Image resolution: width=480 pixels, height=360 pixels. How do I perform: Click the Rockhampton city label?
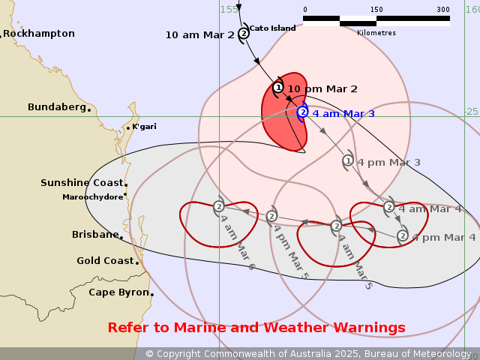click(39, 34)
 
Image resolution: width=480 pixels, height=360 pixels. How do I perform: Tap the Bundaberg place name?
click(57, 107)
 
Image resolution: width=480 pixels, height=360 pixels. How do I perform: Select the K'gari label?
click(144, 126)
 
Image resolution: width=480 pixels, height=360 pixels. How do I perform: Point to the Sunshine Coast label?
click(82, 183)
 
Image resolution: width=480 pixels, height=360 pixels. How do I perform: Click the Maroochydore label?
click(93, 197)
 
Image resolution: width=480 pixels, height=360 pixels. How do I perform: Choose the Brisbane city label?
click(95, 235)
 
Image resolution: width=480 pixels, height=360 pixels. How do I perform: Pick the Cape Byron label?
click(118, 292)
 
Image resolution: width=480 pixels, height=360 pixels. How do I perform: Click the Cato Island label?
click(272, 28)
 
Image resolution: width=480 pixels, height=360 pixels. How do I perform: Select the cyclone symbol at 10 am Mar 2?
click(244, 33)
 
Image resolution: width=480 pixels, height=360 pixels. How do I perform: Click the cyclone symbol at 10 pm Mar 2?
click(278, 88)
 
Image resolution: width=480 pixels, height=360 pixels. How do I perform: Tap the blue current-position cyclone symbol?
click(302, 112)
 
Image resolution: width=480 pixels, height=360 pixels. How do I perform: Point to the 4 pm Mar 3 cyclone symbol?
click(348, 160)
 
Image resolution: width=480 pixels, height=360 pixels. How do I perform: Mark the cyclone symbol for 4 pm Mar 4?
click(403, 235)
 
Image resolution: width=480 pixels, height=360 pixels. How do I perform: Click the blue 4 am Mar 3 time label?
click(343, 114)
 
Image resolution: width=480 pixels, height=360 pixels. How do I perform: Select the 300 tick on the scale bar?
click(443, 10)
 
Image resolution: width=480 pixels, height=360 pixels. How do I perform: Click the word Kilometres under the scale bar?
click(376, 33)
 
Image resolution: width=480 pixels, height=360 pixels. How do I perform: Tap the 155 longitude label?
click(229, 9)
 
